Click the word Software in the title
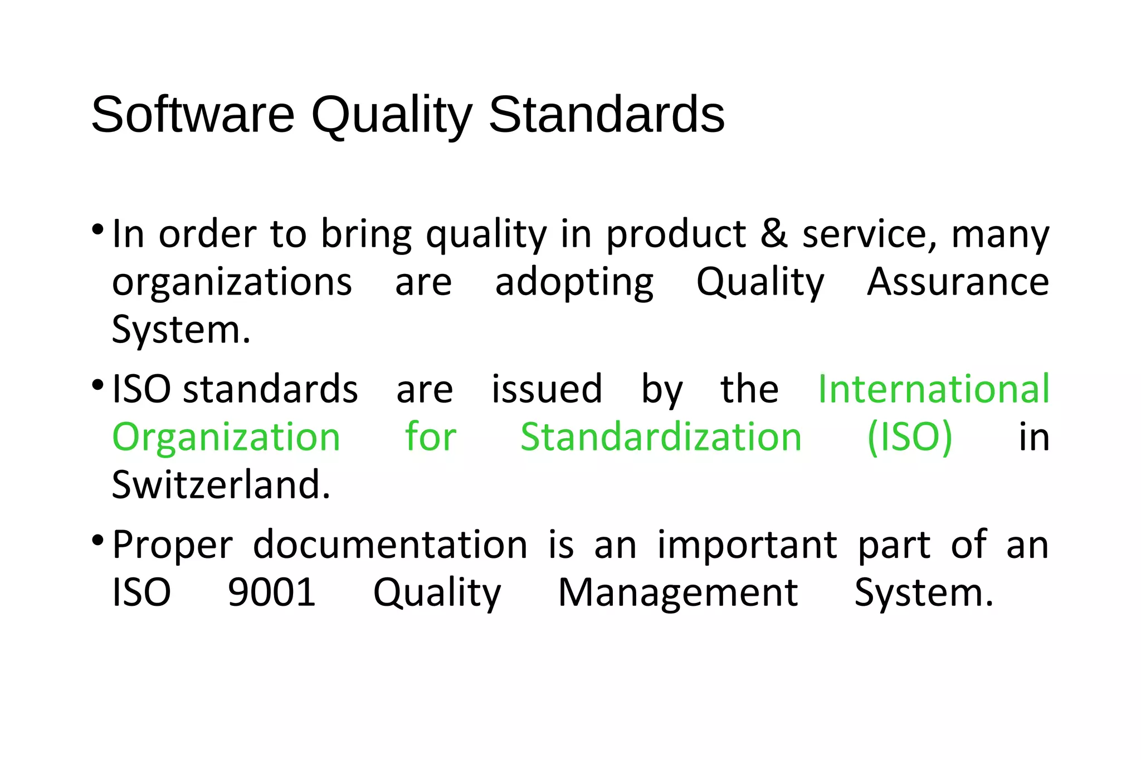click(192, 115)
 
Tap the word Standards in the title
click(606, 115)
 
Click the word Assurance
click(958, 282)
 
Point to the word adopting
click(574, 283)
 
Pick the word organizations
click(232, 283)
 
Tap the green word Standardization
click(661, 437)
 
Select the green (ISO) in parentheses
click(910, 438)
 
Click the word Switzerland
click(221, 485)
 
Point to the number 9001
click(272, 592)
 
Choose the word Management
click(677, 594)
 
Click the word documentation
click(390, 545)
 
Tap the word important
click(747, 546)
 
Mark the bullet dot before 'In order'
click(97, 229)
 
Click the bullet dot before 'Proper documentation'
click(97, 540)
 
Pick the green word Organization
click(226, 438)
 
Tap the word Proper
click(172, 546)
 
